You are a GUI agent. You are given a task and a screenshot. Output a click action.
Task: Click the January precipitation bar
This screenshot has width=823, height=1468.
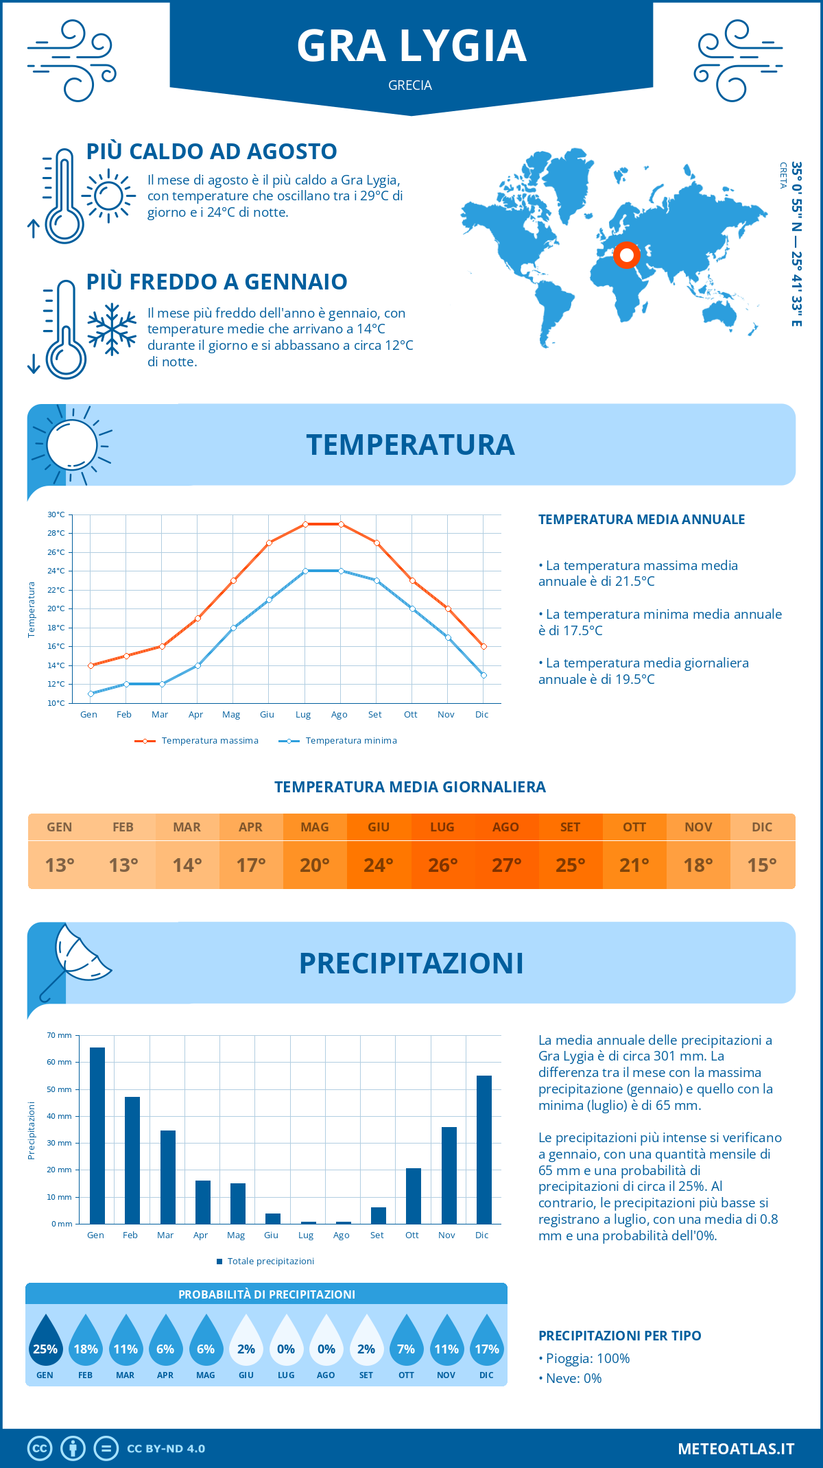(x=97, y=1135)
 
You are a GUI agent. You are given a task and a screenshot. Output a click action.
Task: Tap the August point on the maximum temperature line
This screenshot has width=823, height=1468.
(x=341, y=524)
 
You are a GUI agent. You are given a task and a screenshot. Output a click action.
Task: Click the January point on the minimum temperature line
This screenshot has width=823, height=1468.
(x=91, y=694)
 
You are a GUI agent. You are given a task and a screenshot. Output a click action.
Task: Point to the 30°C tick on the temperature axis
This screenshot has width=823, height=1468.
(x=56, y=514)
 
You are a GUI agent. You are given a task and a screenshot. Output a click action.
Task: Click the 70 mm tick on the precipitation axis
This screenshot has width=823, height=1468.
(x=60, y=1035)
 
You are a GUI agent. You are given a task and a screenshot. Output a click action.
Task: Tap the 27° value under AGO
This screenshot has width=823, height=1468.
(x=506, y=865)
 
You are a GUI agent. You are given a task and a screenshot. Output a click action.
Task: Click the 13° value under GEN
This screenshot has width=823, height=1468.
(x=60, y=865)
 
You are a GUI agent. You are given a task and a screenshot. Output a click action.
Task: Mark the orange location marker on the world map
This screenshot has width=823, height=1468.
(x=626, y=255)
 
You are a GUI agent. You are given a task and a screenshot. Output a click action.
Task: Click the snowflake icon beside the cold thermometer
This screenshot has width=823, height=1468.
(x=112, y=329)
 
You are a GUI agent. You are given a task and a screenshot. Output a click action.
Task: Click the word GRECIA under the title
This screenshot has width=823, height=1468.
(x=410, y=85)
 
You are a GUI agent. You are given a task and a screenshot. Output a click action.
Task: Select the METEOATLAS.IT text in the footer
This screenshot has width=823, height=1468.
(x=736, y=1449)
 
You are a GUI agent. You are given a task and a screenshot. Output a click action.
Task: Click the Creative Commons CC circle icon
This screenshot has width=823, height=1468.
(x=40, y=1449)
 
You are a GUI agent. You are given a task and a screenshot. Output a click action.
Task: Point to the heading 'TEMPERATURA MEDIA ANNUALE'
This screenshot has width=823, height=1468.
(x=641, y=519)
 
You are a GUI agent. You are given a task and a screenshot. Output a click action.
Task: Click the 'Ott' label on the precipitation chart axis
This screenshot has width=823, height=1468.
(x=411, y=1235)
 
